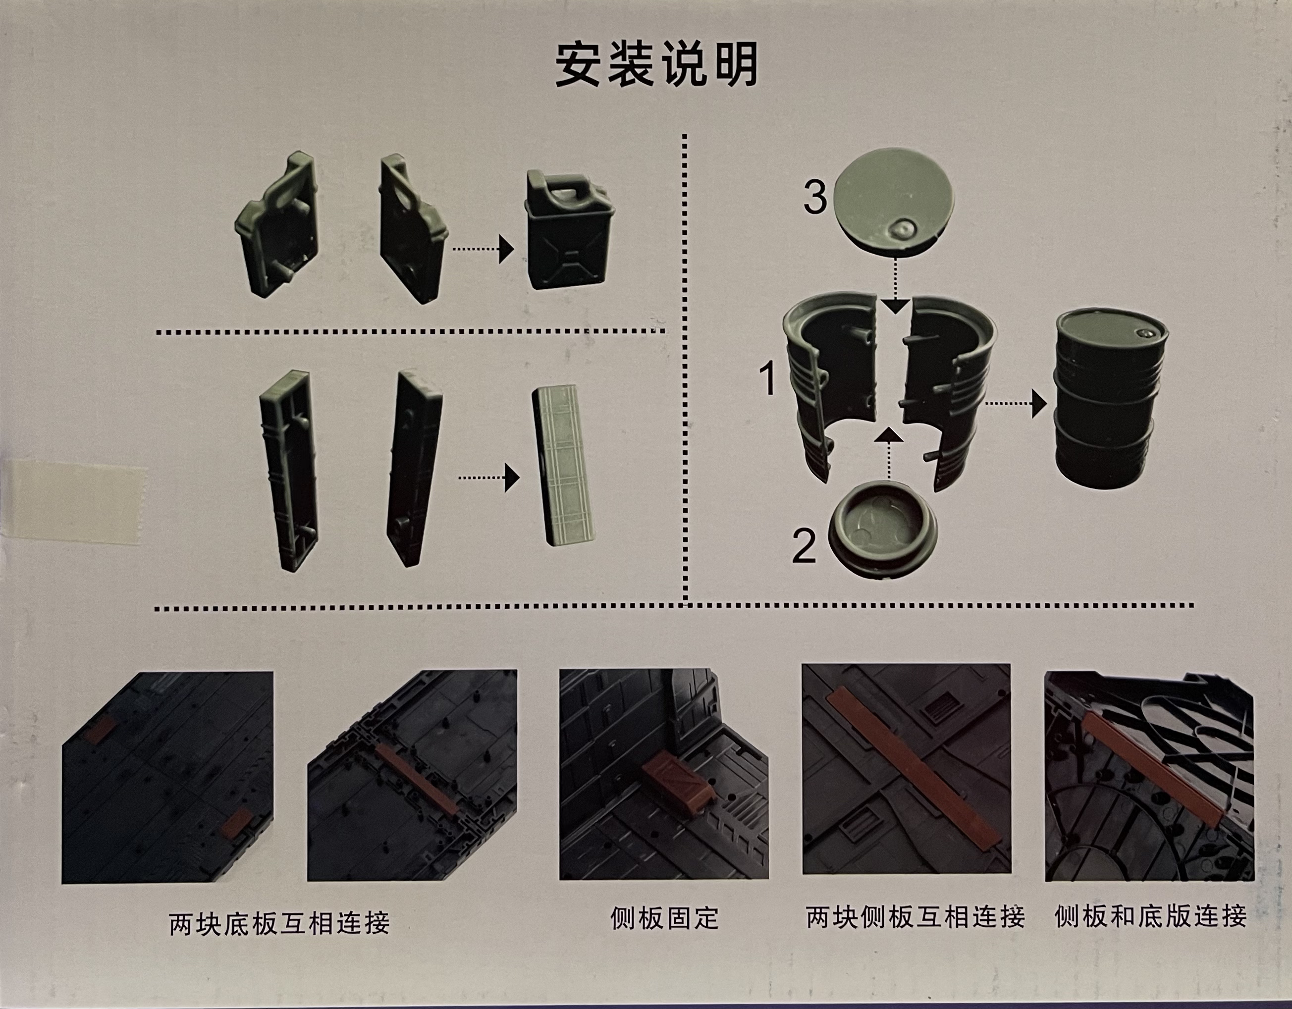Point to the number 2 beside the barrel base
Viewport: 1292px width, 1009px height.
coord(804,546)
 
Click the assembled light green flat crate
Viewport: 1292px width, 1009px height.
coord(565,467)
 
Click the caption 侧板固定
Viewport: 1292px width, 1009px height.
coord(664,918)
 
